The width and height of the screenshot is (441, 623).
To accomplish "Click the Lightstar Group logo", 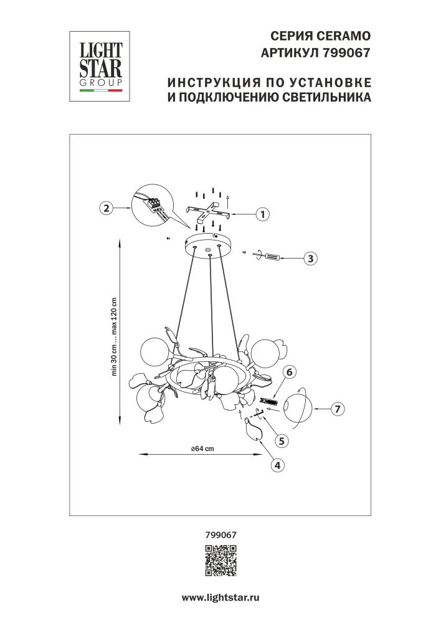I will click(98, 65).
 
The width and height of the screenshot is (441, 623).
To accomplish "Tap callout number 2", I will click(107, 209).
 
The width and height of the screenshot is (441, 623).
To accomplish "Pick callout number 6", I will click(288, 372).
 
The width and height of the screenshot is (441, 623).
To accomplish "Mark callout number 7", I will click(336, 409).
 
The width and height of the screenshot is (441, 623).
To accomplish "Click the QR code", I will click(220, 559).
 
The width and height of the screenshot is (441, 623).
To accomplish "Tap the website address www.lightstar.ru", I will click(220, 597).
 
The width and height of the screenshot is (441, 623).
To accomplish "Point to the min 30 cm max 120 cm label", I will click(115, 336).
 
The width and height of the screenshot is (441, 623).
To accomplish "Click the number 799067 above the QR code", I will click(220, 534).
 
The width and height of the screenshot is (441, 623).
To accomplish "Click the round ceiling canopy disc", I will click(209, 246).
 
